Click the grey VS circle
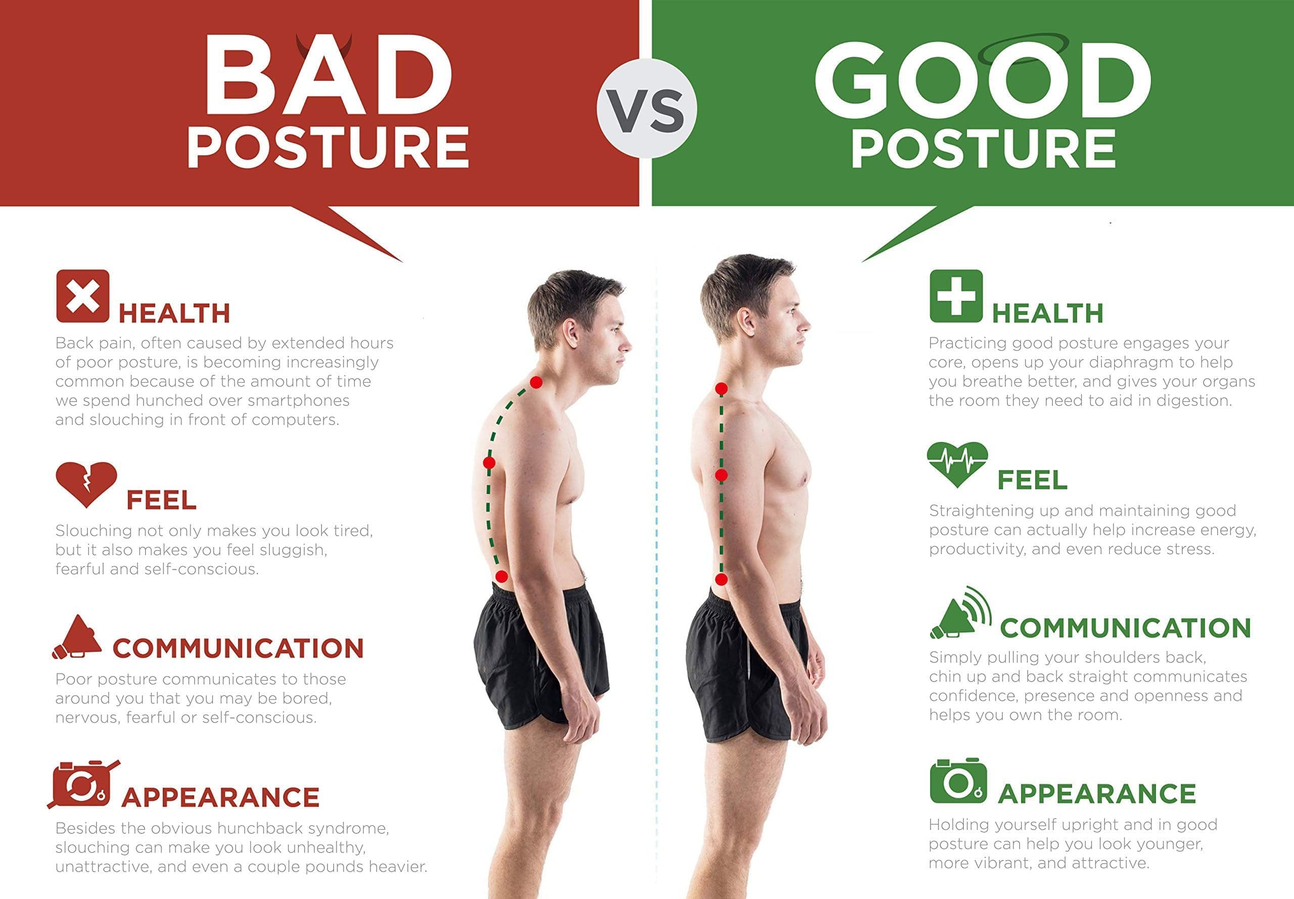pos(646,109)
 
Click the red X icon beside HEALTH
pos(83,296)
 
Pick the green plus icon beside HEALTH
pos(955,296)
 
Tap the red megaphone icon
pos(77,637)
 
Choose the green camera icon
pos(958,781)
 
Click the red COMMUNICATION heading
pos(238,648)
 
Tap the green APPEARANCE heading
pos(1097,794)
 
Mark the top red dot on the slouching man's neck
pos(536,382)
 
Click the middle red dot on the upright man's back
pos(721,475)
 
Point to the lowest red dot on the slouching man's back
pos(502,576)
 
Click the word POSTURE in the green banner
pos(983,148)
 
